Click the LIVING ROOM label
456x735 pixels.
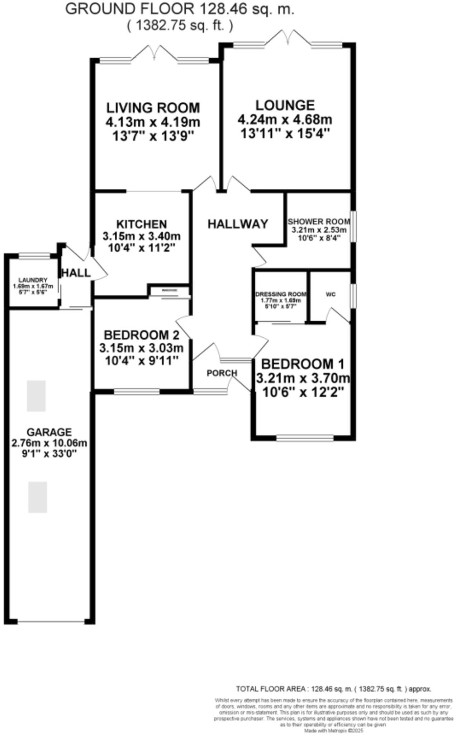(153, 108)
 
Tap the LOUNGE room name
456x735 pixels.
(285, 105)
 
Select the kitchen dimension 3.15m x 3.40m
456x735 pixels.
(142, 237)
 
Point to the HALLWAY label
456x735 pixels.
(238, 224)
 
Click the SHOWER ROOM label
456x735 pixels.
(319, 221)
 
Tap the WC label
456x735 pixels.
(331, 294)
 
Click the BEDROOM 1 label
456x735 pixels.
(303, 364)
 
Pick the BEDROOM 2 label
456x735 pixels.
(141, 335)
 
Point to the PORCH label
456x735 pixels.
(222, 373)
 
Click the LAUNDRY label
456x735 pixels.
(33, 280)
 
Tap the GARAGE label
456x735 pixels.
(49, 432)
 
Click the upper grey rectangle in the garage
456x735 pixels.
(36, 396)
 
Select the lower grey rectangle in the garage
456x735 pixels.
(38, 497)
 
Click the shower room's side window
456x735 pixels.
(353, 226)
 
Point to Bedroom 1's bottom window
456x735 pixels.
(305, 438)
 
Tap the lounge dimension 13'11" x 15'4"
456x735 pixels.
(285, 134)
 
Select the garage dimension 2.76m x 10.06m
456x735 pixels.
(49, 443)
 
